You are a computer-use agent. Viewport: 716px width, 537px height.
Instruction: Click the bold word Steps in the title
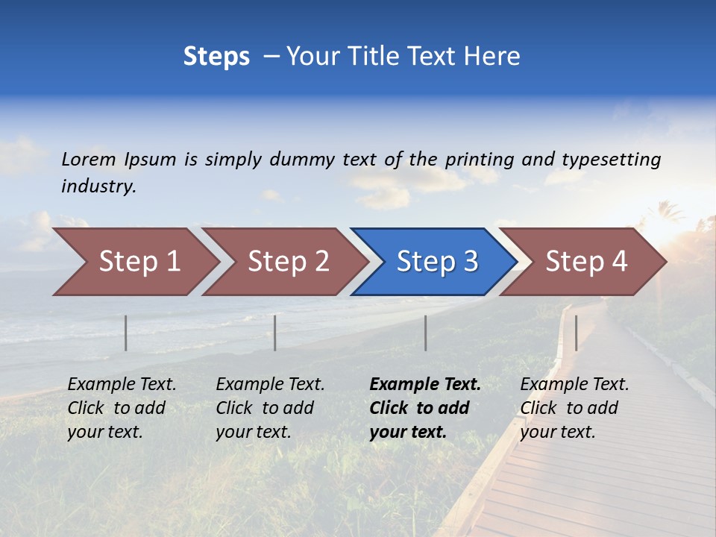point(216,57)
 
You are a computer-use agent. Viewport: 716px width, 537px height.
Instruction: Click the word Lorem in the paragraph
point(88,159)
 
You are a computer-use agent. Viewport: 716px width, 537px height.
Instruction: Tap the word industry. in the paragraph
point(98,186)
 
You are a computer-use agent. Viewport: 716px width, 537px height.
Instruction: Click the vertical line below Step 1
point(126,333)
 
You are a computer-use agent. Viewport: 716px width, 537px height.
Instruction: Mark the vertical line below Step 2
point(275,333)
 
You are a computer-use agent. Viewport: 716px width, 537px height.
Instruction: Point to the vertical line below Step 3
point(426,333)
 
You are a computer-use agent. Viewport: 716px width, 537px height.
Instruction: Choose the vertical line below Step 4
point(576,333)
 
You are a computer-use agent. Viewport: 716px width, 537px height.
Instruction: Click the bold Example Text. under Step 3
point(425,384)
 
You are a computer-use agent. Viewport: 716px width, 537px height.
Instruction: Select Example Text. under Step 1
point(122,384)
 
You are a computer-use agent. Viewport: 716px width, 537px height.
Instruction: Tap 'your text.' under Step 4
point(557,432)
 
